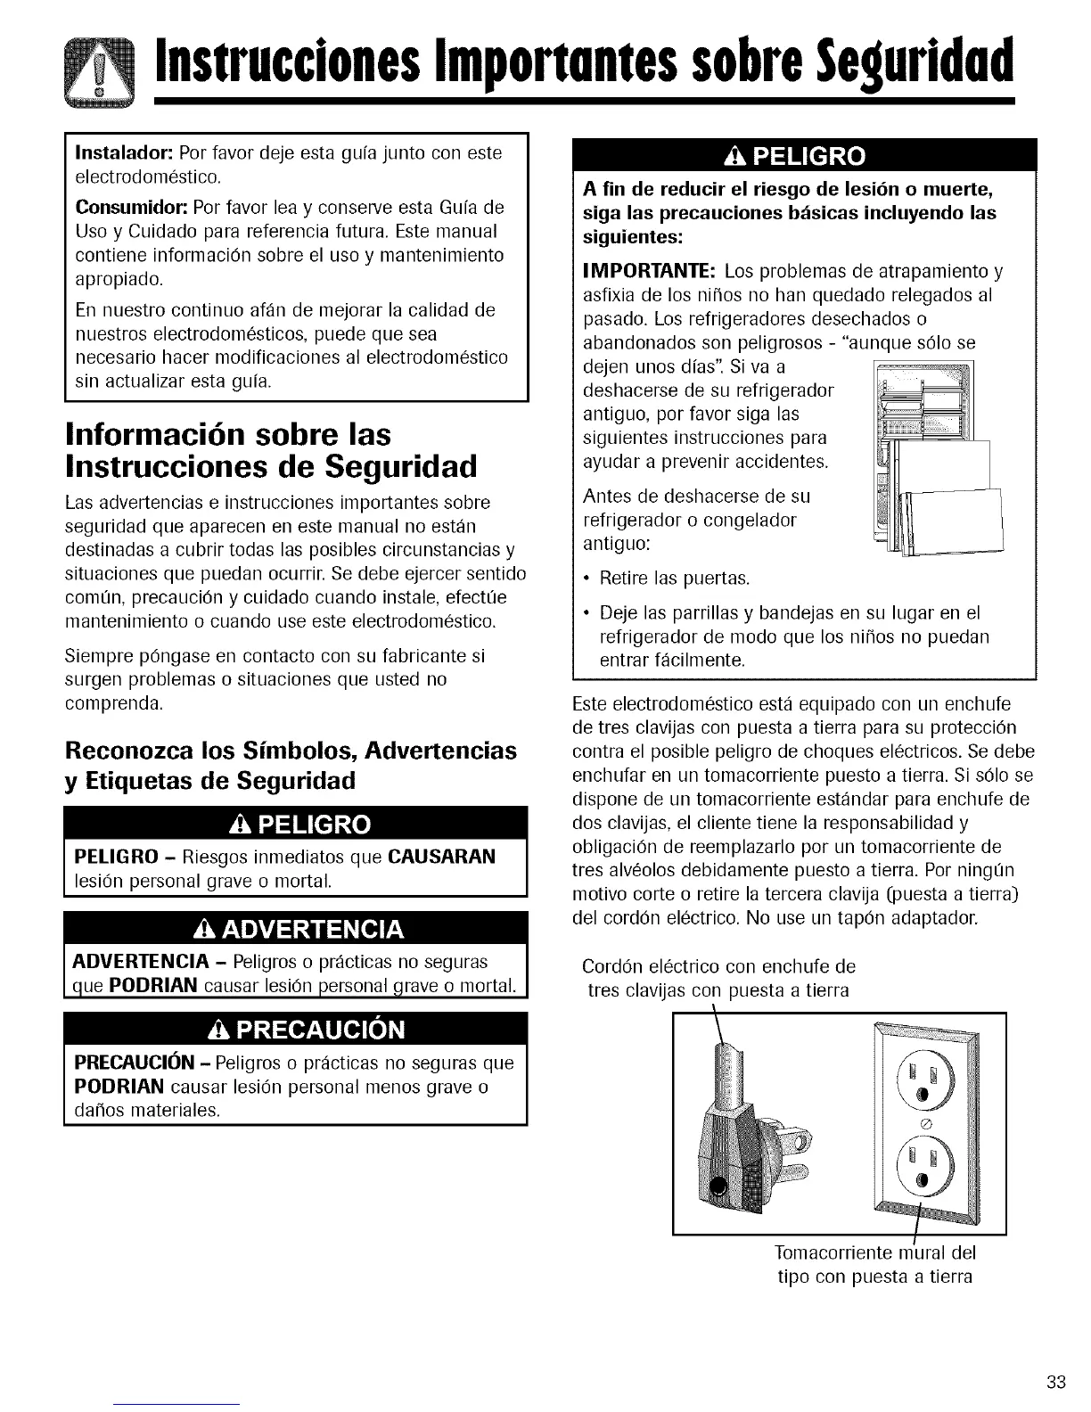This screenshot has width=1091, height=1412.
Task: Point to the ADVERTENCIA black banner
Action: coord(296,931)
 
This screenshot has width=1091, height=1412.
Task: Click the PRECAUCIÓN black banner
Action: coord(296,1030)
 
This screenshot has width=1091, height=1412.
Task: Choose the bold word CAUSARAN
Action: coord(441,858)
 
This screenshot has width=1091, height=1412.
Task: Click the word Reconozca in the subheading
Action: coord(131,751)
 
